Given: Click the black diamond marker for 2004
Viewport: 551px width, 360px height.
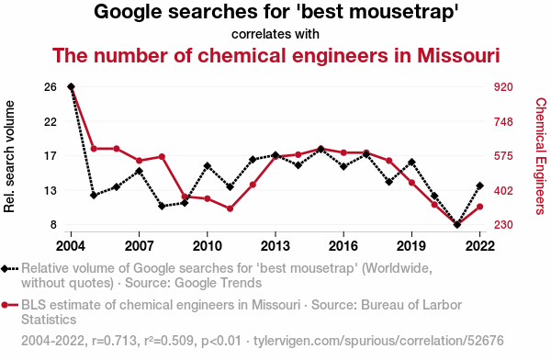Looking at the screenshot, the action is [x=71, y=86].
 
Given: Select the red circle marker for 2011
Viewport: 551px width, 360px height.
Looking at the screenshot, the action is [x=231, y=208].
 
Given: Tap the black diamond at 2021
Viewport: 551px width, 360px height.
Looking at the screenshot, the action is [x=457, y=224].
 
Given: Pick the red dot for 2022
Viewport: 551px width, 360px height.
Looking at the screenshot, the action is [x=479, y=207].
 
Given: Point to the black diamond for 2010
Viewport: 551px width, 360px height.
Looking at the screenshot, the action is [x=208, y=166].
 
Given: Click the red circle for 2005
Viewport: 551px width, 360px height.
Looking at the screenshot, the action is [x=94, y=149].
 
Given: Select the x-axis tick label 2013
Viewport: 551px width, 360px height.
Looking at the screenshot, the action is [x=275, y=246].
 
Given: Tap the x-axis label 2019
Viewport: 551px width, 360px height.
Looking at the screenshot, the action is [x=411, y=246].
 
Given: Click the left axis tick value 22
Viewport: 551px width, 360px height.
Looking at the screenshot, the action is [x=51, y=121].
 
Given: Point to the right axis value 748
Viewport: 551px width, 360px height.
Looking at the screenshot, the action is [x=503, y=122].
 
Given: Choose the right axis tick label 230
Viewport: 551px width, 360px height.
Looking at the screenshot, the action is [x=503, y=224].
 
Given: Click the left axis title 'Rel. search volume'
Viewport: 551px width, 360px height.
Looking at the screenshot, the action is [x=9, y=156].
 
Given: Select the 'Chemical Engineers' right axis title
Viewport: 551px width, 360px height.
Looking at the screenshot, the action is [x=541, y=156].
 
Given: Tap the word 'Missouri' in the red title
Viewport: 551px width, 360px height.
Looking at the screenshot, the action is [x=458, y=55].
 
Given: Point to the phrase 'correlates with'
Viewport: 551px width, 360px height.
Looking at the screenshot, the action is [x=275, y=34].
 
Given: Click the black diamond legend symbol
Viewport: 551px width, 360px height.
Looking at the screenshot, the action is [x=10, y=268].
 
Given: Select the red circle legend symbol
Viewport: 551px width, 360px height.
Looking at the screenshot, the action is [x=10, y=305].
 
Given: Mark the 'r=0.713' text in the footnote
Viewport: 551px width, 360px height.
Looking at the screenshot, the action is [x=114, y=341].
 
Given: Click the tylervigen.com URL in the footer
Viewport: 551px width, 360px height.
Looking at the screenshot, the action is [x=378, y=341].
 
